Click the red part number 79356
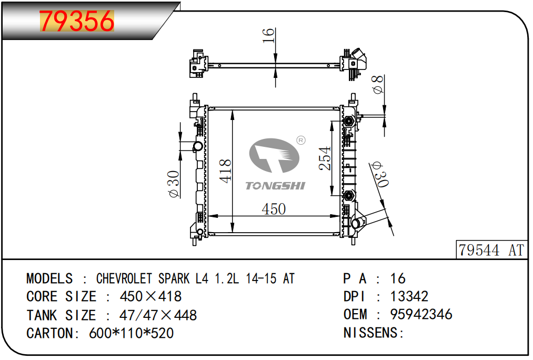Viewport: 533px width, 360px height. coord(77,21)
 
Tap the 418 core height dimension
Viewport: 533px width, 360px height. coord(225,171)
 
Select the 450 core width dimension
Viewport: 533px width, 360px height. coord(274,209)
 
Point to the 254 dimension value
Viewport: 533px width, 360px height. coord(325,158)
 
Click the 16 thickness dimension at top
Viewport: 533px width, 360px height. coord(268,36)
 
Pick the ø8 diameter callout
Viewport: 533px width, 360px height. coord(378,84)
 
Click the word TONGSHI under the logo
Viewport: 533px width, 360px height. coord(275,186)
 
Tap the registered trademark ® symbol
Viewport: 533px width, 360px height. coord(301,140)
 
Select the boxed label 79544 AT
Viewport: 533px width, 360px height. coord(491,250)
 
